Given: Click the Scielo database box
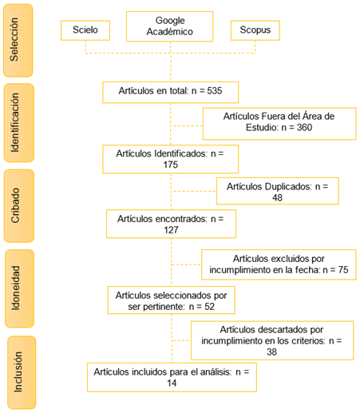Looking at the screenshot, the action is [x=85, y=30].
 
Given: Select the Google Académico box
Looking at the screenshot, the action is [x=170, y=26].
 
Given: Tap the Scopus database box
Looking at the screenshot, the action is [x=255, y=30].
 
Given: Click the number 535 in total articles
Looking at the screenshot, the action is [x=215, y=91].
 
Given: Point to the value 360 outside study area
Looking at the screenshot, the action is [x=304, y=128].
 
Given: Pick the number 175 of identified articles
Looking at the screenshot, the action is [x=171, y=165].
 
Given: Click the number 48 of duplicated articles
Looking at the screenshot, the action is [x=277, y=198].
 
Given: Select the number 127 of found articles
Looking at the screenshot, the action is [x=171, y=230].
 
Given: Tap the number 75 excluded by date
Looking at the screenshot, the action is [x=343, y=270].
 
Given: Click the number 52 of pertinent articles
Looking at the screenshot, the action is [x=209, y=307].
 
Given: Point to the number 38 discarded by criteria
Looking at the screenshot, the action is [x=271, y=352].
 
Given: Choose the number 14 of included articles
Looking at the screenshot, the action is [x=172, y=383].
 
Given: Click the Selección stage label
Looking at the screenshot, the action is [x=14, y=39].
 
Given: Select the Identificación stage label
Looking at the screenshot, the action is [x=15, y=122].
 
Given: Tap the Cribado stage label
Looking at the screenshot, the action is [x=15, y=205].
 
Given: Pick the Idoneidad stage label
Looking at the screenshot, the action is [x=15, y=288].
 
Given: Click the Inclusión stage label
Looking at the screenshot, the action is [x=18, y=372].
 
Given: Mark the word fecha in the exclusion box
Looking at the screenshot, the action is [x=307, y=270].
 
